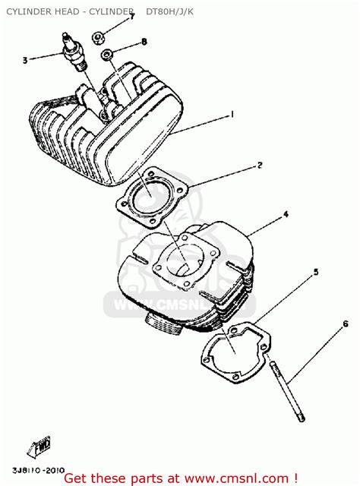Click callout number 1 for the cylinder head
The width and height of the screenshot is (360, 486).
[x=231, y=115]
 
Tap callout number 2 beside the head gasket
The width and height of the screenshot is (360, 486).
[x=259, y=165]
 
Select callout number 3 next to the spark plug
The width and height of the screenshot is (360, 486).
[x=25, y=60]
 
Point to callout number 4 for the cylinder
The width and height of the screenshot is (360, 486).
[x=286, y=214]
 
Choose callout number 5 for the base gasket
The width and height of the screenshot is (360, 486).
[x=315, y=271]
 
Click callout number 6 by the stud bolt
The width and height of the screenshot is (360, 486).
[x=345, y=324]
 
